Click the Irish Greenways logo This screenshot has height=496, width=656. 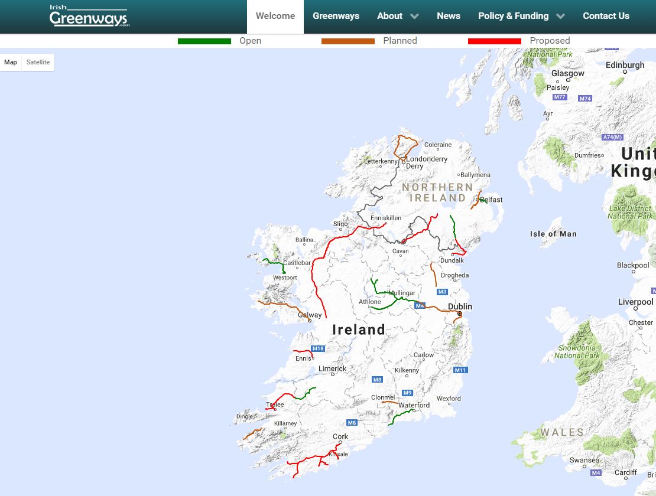tap(89, 17)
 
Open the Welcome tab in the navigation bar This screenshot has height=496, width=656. tap(275, 16)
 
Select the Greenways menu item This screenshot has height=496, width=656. tap(336, 16)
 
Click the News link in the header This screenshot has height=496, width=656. tap(448, 16)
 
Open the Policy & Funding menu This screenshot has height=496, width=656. tap(513, 16)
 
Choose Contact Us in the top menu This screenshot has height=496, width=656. tap(606, 16)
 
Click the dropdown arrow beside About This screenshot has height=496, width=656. tap(414, 17)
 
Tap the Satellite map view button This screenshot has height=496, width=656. tap(38, 62)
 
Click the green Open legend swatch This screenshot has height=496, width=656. tap(204, 41)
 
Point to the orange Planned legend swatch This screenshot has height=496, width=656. tap(348, 41)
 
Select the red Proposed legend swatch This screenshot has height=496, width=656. tap(494, 41)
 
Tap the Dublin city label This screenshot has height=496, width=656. tap(460, 306)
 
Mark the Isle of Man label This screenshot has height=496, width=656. tap(553, 234)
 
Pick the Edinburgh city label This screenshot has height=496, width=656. tap(625, 65)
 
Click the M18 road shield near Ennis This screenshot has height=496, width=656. tap(318, 348)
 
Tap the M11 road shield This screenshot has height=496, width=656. tap(460, 370)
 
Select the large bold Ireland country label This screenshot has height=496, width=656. tap(358, 329)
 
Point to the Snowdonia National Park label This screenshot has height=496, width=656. tap(577, 352)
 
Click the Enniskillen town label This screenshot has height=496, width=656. tap(385, 218)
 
